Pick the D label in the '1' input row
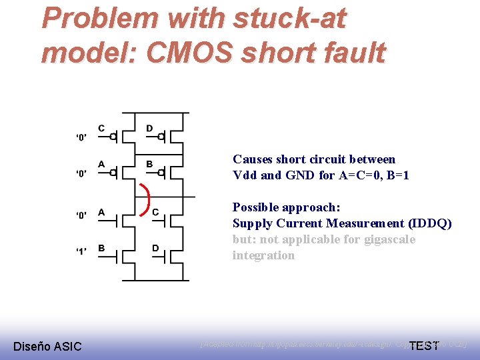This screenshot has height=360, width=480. coord(155,249)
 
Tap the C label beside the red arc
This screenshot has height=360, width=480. coord(155,213)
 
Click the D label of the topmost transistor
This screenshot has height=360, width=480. coord(149,128)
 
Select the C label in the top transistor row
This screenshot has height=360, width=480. coord(101,128)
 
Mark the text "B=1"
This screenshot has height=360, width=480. coord(396,175)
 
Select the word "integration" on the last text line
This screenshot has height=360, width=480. coord(263,255)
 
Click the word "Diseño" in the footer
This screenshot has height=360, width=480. coord(31,346)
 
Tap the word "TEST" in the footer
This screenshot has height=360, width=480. coord(423,345)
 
